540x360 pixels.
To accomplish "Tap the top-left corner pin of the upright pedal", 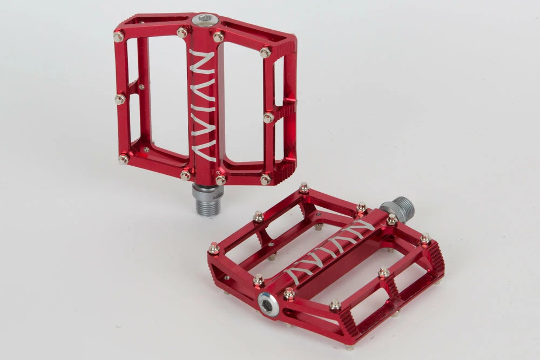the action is tap(118, 36).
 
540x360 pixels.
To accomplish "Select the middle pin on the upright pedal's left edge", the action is tap(120, 99).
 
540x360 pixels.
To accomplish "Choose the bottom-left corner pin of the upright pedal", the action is tap(123, 159).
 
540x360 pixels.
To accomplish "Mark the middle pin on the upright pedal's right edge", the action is tap(268, 118).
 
